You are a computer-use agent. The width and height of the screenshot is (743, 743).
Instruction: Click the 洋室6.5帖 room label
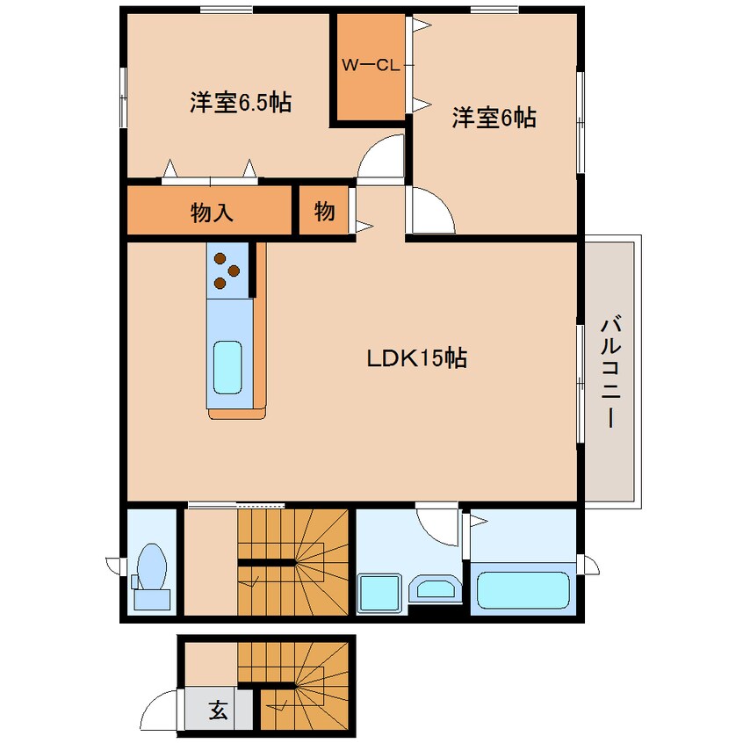click(x=240, y=103)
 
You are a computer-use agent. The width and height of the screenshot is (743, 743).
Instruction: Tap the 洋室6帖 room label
click(x=494, y=118)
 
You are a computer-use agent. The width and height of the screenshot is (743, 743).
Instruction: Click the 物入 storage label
click(x=211, y=212)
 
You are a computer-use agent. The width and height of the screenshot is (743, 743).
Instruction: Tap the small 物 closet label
click(x=324, y=211)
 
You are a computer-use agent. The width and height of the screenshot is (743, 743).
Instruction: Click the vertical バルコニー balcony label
click(x=610, y=373)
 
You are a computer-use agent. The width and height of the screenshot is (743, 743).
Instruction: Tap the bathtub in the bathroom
click(x=523, y=590)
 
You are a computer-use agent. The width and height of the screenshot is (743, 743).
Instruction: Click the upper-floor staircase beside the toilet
click(x=293, y=562)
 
